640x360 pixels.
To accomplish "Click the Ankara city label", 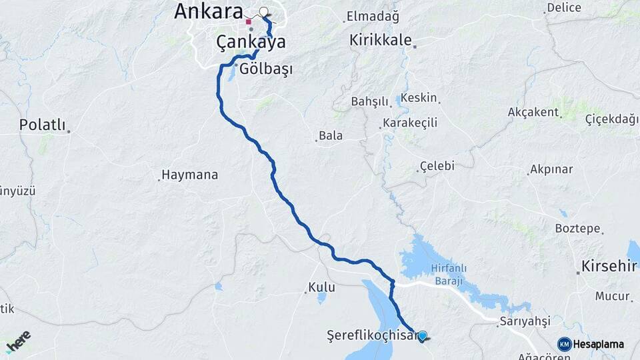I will coord(208,11).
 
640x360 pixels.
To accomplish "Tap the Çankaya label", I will coord(251,42).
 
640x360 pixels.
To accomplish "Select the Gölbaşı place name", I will coord(265,69).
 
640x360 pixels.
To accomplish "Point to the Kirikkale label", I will coord(380,40).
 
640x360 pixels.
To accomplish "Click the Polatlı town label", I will coord(42,125).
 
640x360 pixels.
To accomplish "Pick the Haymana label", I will coord(190,175).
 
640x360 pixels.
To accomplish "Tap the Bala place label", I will coord(331,136).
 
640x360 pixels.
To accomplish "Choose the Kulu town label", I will coord(321,288).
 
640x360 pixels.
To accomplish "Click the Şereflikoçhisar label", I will coord(371,335).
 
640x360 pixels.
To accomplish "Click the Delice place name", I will coord(564,9).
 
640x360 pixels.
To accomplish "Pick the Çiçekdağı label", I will coord(611,119).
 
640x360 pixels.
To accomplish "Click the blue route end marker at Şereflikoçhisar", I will coord(422,335).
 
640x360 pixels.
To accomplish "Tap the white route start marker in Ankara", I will coord(263,11).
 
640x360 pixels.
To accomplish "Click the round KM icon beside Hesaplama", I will coord(564,344).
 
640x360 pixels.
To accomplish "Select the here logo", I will coord(19,341).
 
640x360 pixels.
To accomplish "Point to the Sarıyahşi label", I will coord(527,321).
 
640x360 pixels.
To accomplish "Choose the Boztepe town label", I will coord(577,229).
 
